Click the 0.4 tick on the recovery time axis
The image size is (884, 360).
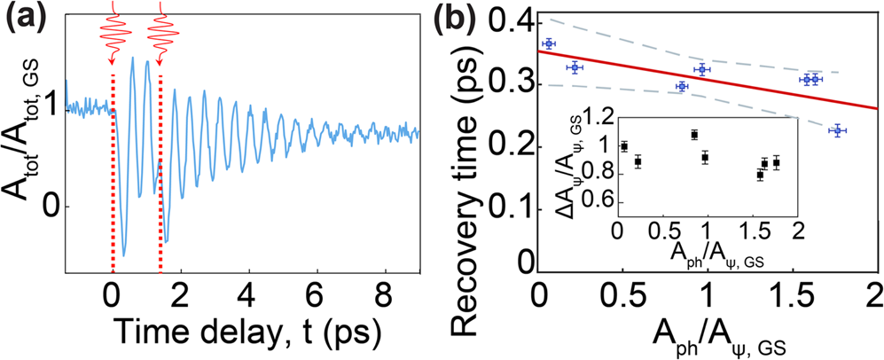pyautogui.click(x=510, y=20)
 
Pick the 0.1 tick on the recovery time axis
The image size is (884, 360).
pyautogui.click(x=510, y=207)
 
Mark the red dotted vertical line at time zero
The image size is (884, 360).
pyautogui.click(x=113, y=177)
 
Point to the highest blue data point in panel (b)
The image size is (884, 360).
pyautogui.click(x=549, y=43)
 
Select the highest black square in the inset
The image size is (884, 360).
pyautogui.click(x=694, y=134)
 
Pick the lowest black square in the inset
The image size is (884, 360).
pyautogui.click(x=760, y=175)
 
